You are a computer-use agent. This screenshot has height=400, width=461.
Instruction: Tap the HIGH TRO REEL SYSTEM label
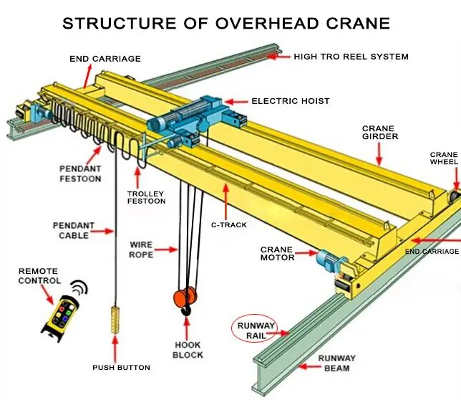pyautogui.click(x=351, y=56)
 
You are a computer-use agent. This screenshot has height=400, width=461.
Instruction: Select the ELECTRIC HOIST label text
pyautogui.click(x=290, y=101)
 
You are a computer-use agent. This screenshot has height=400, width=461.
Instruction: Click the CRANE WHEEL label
pyautogui.click(x=443, y=159)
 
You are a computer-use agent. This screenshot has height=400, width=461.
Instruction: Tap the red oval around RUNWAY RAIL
pyautogui.click(x=257, y=330)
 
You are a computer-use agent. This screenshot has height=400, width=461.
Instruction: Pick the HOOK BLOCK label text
pyautogui.click(x=188, y=350)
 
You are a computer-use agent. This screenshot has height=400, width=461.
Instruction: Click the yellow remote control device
pyautogui.click(x=59, y=315)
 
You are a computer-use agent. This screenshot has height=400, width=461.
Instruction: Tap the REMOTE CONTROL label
pyautogui.click(x=39, y=276)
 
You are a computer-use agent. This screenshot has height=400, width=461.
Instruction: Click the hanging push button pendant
pyautogui.click(x=115, y=317)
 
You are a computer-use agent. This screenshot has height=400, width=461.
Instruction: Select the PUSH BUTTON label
pyautogui.click(x=121, y=368)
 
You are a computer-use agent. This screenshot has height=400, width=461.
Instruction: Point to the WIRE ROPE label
pyautogui.click(x=141, y=249)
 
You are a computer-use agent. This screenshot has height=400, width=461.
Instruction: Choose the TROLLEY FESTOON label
pyautogui.click(x=146, y=197)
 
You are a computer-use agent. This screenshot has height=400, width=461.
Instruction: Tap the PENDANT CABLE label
pyautogui.click(x=73, y=230)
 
